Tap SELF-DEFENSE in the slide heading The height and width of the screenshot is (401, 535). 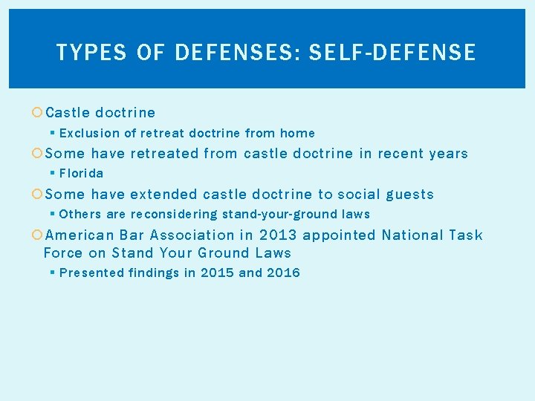[x=392, y=52]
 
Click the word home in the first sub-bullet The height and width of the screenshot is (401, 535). [x=297, y=134]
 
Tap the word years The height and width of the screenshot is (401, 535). [x=448, y=154]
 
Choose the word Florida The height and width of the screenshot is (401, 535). [x=81, y=174]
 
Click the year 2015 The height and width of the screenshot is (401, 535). [x=218, y=273]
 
